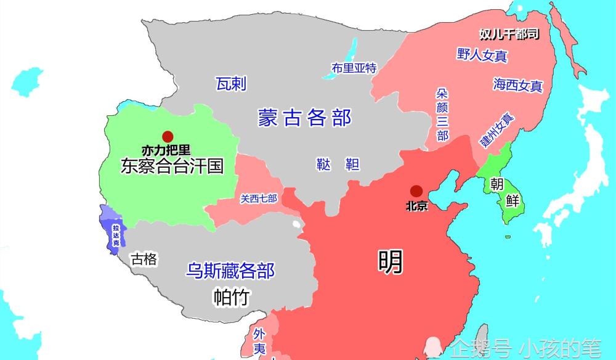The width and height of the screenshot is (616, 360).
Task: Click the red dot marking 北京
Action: tap(416, 192)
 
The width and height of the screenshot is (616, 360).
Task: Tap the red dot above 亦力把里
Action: tap(166, 137)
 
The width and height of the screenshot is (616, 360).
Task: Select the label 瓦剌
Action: tap(231, 84)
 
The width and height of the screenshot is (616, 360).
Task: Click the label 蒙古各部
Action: tap(304, 117)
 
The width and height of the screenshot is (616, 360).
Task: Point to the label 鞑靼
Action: tap(338, 164)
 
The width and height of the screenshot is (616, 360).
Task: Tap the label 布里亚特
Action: tap(354, 68)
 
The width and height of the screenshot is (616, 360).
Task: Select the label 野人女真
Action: tap(482, 55)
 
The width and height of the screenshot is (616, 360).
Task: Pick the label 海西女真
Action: tap(517, 85)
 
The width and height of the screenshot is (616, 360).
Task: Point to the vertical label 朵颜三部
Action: tap(442, 114)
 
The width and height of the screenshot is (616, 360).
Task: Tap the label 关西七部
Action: tap(259, 198)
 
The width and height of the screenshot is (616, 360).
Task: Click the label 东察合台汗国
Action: tap(172, 166)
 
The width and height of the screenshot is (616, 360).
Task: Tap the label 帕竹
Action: tap(231, 297)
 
